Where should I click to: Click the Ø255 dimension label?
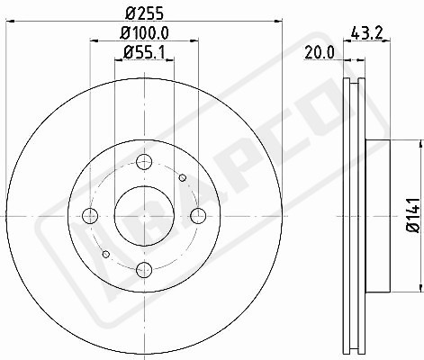144,13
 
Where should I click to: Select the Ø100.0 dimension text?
144,32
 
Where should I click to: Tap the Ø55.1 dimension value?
144,53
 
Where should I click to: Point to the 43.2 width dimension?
366,32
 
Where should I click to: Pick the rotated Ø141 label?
413,215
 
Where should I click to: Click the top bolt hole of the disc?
144,162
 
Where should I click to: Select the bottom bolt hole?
144,269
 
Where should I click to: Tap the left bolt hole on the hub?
90,216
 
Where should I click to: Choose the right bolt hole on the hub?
198,216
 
